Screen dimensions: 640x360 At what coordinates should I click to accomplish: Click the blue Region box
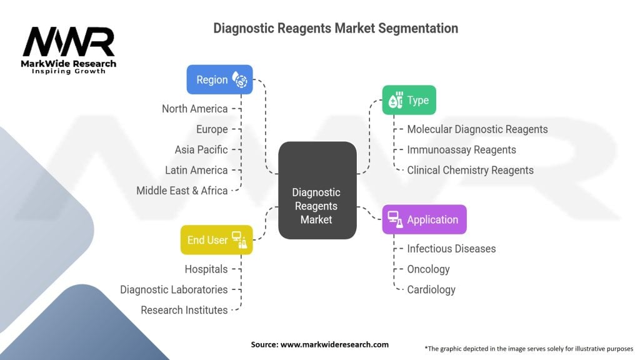[x=219, y=79]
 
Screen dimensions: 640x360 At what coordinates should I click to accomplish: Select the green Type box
[x=409, y=100]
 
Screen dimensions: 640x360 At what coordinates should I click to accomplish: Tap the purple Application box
[x=424, y=219]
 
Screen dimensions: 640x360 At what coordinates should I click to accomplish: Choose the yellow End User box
[x=217, y=240]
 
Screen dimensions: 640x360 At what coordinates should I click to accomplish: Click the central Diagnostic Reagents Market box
[x=317, y=190]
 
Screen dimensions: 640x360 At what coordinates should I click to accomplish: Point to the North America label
[x=195, y=109]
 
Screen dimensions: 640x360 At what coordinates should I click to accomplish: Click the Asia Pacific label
[x=201, y=150]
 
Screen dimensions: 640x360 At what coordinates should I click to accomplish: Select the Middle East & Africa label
[x=182, y=191]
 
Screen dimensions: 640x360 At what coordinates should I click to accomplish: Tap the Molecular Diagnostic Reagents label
[x=477, y=129]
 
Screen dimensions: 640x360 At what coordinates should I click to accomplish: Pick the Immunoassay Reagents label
[x=462, y=150]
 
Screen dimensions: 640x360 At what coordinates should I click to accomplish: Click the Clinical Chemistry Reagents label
[x=470, y=170]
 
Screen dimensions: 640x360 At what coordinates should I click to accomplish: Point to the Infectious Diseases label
[x=451, y=249]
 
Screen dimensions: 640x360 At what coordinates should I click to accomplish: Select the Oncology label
[x=429, y=269]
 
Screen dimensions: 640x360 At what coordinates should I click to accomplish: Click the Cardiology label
[x=431, y=290]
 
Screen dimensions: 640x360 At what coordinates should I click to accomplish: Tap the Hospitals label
[x=206, y=269]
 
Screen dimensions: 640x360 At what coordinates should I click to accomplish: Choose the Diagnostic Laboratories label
[x=174, y=290]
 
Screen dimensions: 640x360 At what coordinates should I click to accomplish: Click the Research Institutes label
[x=184, y=310]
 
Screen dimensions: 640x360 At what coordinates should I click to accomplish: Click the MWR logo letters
[x=69, y=42]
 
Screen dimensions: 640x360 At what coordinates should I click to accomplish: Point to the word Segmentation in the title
[x=418, y=29]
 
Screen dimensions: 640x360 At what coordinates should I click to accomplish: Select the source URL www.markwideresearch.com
[x=335, y=344]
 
